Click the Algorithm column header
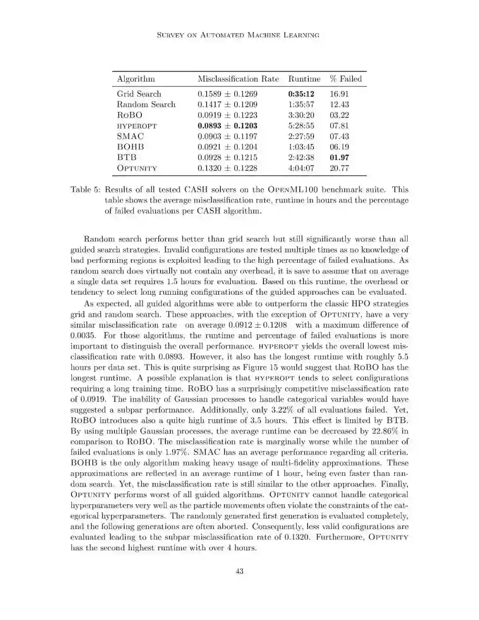point(136,79)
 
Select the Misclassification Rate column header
point(238,79)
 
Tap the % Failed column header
point(346,79)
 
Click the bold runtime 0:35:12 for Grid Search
point(301,94)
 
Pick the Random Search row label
point(146,105)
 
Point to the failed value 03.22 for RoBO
point(339,115)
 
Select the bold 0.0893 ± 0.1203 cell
point(227,126)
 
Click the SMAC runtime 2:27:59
point(301,137)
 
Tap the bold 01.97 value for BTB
point(339,158)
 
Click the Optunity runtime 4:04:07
point(301,168)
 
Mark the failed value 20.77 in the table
point(339,168)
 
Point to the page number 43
point(239,572)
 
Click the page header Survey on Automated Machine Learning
point(238,35)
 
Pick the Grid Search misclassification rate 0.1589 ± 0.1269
point(227,94)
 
